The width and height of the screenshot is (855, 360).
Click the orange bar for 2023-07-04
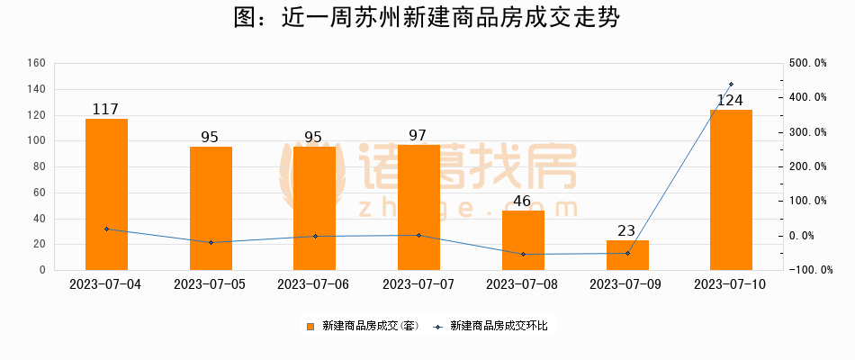click(x=106, y=193)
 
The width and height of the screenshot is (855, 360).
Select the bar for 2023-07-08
click(x=523, y=239)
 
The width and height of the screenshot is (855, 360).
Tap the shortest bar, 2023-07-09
click(x=627, y=255)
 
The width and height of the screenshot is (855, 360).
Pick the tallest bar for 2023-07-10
click(x=731, y=189)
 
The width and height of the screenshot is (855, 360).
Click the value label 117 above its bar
click(x=106, y=110)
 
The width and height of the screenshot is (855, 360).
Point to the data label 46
click(x=523, y=201)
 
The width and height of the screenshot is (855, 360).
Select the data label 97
click(x=418, y=136)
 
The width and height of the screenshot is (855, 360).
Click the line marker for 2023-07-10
click(x=731, y=84)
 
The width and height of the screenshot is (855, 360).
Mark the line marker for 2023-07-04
click(x=106, y=229)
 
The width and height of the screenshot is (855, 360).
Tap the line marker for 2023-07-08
click(x=523, y=254)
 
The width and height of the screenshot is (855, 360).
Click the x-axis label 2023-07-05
click(x=210, y=283)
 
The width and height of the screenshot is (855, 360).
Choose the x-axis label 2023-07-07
click(x=418, y=283)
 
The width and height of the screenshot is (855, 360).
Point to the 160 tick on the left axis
click(x=36, y=63)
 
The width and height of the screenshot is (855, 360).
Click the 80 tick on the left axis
click(x=39, y=166)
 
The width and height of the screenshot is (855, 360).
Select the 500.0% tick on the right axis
click(x=807, y=63)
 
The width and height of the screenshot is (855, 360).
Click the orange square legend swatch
click(x=310, y=326)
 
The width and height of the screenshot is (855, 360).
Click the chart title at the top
click(x=427, y=19)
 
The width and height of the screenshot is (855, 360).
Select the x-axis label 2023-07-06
click(x=314, y=283)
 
